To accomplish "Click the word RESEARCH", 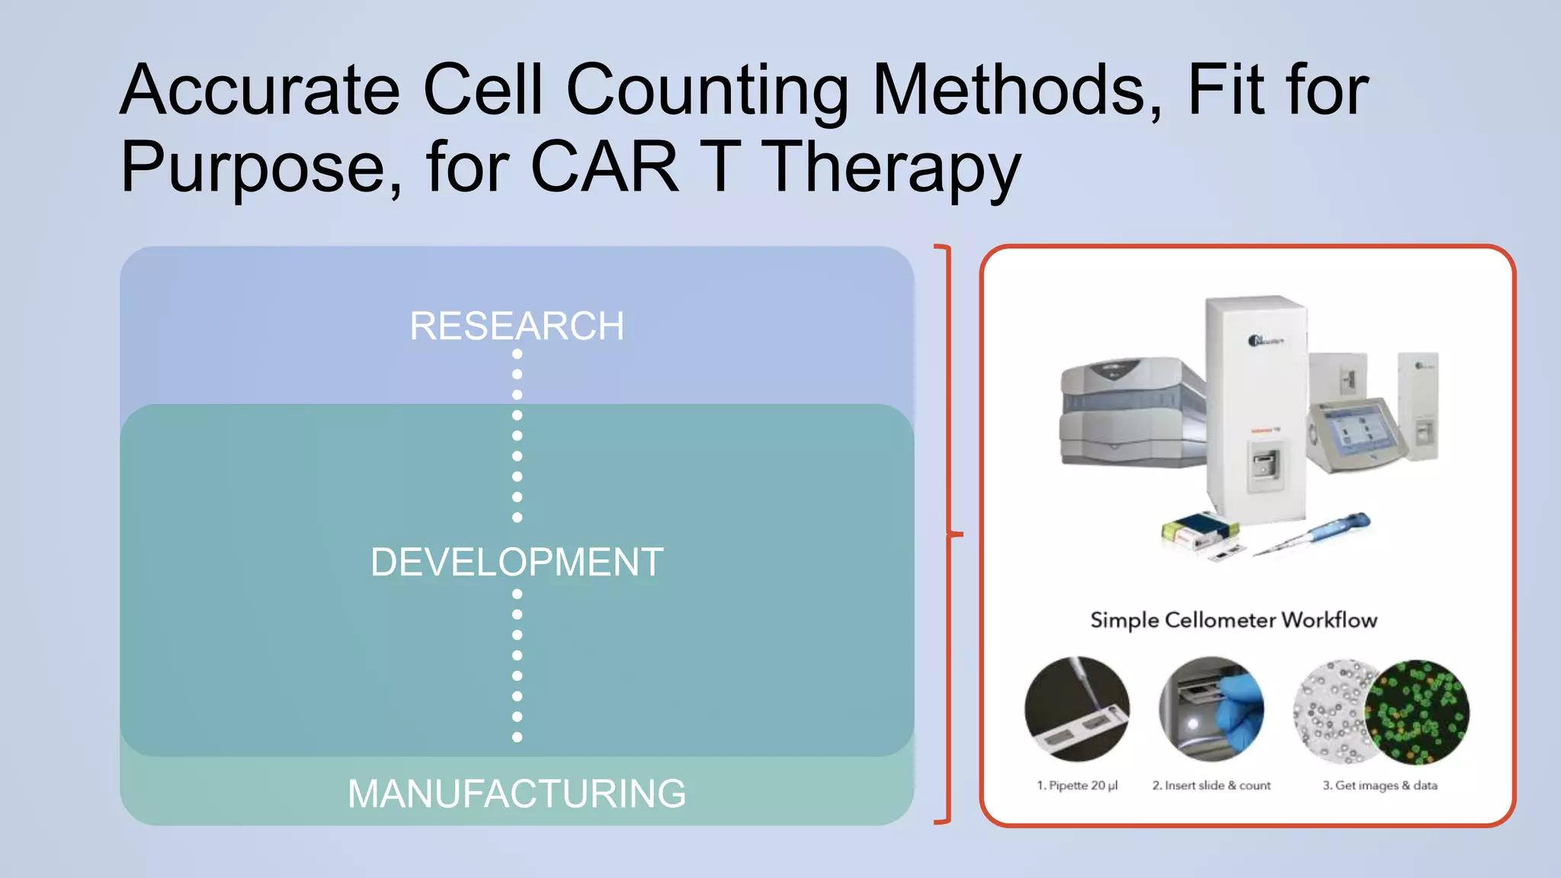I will [517, 326].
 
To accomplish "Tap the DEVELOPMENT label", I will [517, 562].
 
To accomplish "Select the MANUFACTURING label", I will [517, 793].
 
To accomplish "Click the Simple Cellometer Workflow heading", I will [1233, 620].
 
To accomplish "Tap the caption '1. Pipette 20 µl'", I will [1077, 785].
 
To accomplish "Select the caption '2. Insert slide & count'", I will [1211, 785].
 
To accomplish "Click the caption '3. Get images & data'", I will [1380, 785].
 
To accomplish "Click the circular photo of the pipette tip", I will [1077, 709].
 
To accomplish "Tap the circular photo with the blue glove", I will [1211, 709].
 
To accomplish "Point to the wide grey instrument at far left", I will [1132, 412].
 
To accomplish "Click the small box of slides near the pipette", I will [1198, 529].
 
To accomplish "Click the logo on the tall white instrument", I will [1265, 340].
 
